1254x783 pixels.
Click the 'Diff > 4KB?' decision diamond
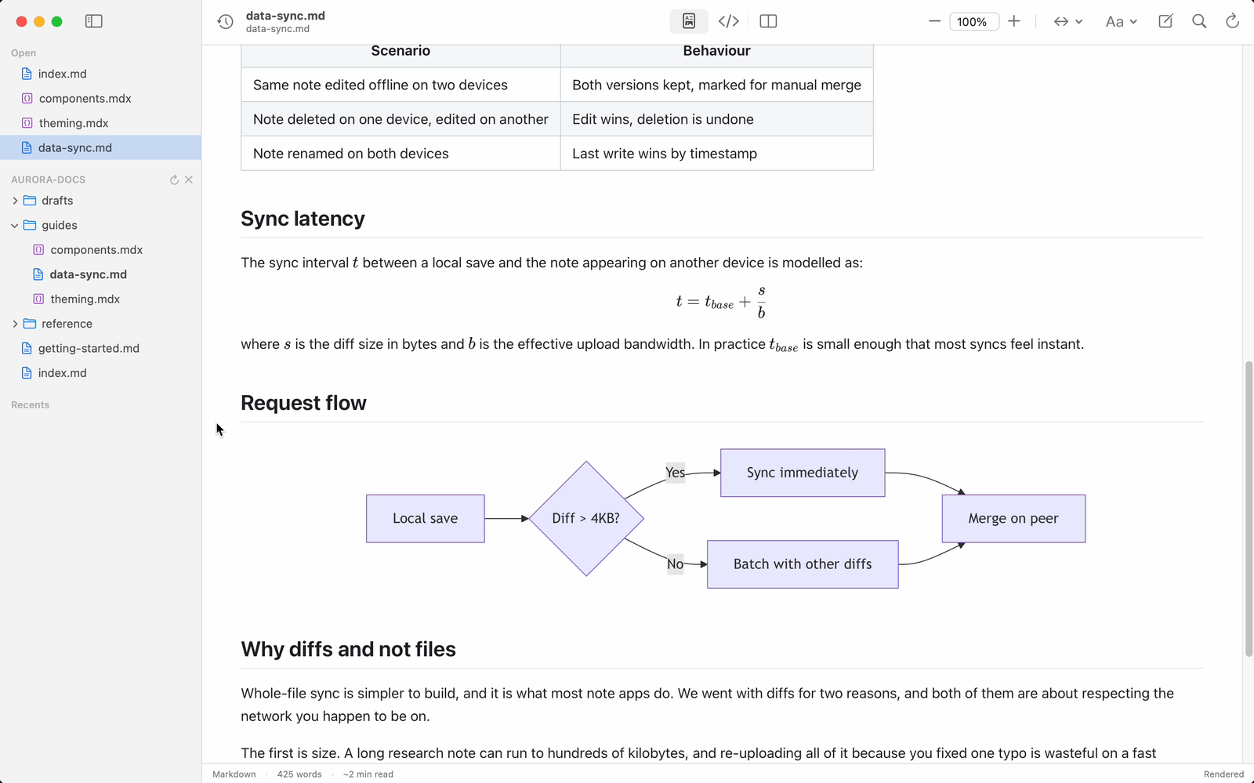click(x=586, y=518)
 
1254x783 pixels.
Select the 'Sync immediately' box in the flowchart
click(x=803, y=473)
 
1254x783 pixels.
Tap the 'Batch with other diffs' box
click(x=803, y=564)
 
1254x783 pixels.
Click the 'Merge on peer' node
click(x=1013, y=518)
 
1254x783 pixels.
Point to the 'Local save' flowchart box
click(x=425, y=518)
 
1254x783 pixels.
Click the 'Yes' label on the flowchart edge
click(x=675, y=473)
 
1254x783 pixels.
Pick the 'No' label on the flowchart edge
click(x=675, y=564)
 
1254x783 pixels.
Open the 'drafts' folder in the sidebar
click(x=57, y=201)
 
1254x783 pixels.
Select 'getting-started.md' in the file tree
click(x=89, y=348)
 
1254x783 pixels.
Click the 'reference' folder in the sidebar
click(x=67, y=324)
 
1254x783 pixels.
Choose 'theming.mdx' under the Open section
click(x=74, y=123)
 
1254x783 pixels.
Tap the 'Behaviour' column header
click(x=716, y=51)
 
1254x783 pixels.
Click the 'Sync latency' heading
click(x=303, y=218)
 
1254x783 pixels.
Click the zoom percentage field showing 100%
click(x=973, y=22)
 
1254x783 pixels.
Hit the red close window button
click(x=22, y=22)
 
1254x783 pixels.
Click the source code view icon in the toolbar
click(x=728, y=21)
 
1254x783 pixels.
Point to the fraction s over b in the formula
click(x=761, y=302)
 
